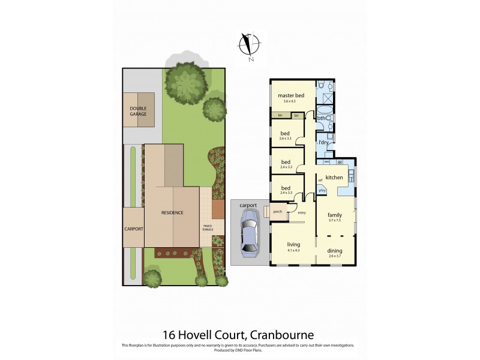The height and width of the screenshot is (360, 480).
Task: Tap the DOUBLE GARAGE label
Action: pyautogui.click(x=138, y=110)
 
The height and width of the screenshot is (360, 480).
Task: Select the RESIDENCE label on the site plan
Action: pyautogui.click(x=172, y=212)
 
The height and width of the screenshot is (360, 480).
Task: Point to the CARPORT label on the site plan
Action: pyautogui.click(x=133, y=229)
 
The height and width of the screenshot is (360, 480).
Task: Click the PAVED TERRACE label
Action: pyautogui.click(x=208, y=227)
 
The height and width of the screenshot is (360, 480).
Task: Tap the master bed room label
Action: pyautogui.click(x=291, y=96)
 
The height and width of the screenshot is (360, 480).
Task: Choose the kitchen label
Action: pyautogui.click(x=334, y=178)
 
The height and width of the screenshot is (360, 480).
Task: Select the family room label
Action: pyautogui.click(x=334, y=214)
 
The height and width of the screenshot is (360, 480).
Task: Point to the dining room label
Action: pyautogui.click(x=334, y=251)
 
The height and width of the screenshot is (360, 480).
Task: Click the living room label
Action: pyautogui.click(x=293, y=244)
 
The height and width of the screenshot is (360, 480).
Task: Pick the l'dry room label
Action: pyautogui.click(x=323, y=142)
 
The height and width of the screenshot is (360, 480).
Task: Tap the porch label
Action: pyautogui.click(x=278, y=212)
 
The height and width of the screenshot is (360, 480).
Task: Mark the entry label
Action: pyautogui.click(x=302, y=212)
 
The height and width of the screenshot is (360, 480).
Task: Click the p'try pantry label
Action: pyautogui.click(x=322, y=190)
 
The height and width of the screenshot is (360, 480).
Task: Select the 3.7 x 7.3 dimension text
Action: pyautogui.click(x=334, y=220)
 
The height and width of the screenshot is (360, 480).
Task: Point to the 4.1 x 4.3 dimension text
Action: pyautogui.click(x=293, y=250)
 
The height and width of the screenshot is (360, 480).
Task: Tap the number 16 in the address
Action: pyautogui.click(x=170, y=335)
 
